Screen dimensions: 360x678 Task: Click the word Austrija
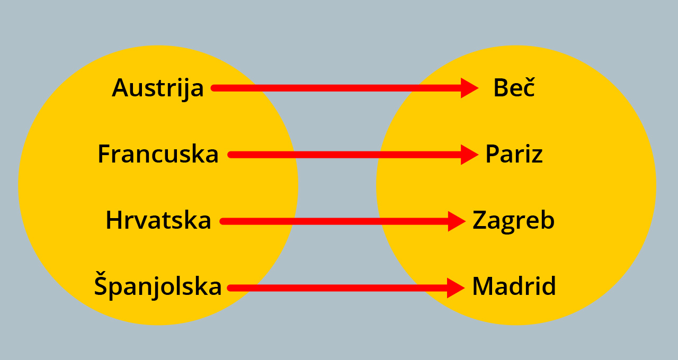coord(157,88)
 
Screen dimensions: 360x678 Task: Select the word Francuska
coord(158,155)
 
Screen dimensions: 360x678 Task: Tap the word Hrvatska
coord(158,221)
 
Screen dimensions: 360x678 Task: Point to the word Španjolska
coord(158,287)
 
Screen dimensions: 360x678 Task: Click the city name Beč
coord(514,88)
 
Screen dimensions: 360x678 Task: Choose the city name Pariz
coord(514,155)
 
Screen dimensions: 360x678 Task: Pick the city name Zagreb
coord(513,221)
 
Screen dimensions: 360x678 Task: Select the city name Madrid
coord(514,287)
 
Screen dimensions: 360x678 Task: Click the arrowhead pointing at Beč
coord(469,88)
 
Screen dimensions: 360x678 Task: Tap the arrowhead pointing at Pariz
coord(469,155)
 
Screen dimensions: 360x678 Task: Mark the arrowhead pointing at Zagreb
coord(456,221)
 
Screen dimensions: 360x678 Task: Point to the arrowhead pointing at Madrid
coord(455,288)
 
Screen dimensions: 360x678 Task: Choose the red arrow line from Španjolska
coord(339,288)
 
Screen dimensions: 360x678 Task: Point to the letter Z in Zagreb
coord(480,221)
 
